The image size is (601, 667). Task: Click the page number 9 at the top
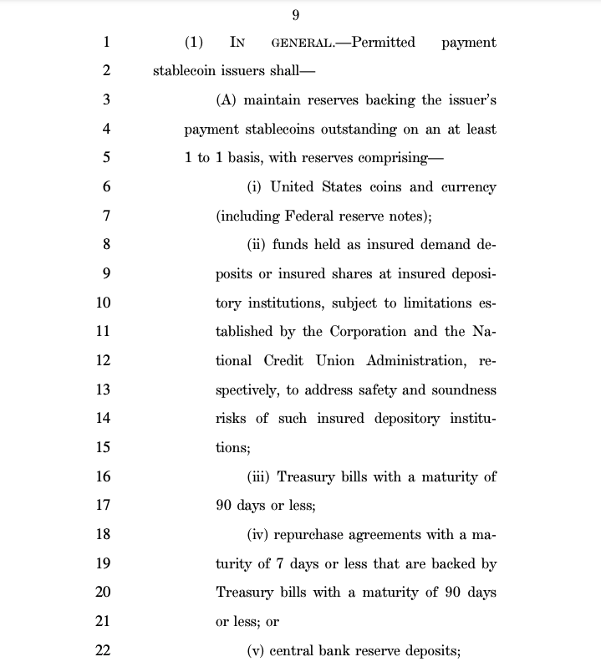click(296, 15)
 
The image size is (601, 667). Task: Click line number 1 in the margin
click(106, 42)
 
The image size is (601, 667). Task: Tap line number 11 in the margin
click(104, 331)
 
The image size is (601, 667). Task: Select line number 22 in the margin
click(104, 649)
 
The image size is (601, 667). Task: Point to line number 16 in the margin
click(104, 476)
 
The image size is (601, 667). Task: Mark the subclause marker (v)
click(257, 650)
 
